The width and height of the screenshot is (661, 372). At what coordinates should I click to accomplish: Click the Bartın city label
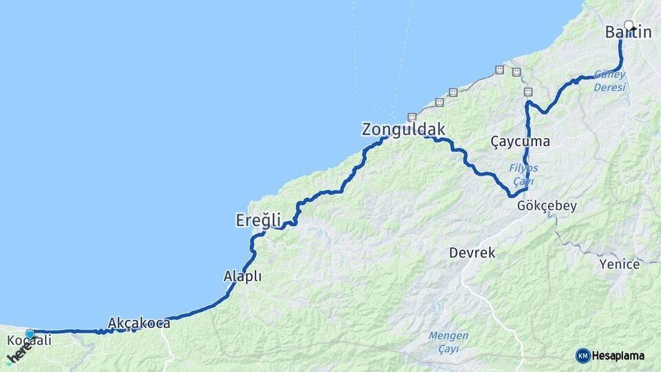coord(628,32)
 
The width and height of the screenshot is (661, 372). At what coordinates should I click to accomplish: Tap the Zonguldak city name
coord(403,129)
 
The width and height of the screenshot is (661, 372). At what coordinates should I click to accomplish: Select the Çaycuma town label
coord(520,141)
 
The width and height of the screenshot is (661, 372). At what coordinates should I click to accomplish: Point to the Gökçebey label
coord(547,206)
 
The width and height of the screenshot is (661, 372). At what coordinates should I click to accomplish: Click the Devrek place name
coord(472,253)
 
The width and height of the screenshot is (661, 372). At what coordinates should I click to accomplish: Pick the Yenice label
coord(619,264)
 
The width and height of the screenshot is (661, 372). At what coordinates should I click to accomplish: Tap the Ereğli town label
coord(258,220)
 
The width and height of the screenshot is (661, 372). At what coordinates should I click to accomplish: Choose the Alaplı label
coord(242,276)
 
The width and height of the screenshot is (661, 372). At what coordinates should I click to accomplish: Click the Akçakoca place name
coord(139,322)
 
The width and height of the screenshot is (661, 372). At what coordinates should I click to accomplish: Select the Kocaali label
coord(29,341)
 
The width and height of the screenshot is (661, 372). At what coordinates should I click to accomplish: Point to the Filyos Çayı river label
coord(523,174)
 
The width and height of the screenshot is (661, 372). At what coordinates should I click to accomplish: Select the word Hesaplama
coord(618,355)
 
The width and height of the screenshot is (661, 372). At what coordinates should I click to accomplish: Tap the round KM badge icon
coord(583,355)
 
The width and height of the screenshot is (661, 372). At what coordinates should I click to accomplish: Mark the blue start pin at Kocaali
coord(30,334)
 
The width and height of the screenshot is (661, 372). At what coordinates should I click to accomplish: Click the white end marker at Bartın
coord(629,25)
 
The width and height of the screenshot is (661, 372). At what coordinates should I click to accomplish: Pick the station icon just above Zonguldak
coord(412,116)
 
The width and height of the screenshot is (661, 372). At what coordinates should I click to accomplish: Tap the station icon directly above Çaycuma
coord(528,92)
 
